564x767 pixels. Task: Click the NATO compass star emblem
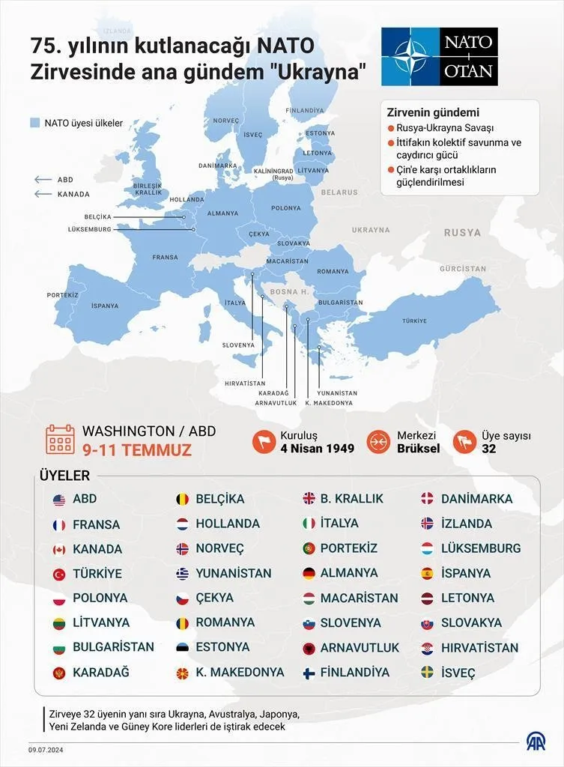(x=409, y=57)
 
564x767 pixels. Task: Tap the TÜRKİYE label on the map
(x=414, y=321)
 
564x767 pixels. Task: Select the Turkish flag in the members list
(x=59, y=574)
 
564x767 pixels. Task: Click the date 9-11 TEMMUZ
(x=137, y=450)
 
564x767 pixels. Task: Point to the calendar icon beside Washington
(x=60, y=440)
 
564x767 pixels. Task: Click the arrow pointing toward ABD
(x=42, y=180)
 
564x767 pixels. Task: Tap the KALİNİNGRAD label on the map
(x=273, y=171)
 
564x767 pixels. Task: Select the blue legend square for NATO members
(x=34, y=123)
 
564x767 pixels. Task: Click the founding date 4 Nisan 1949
(x=317, y=449)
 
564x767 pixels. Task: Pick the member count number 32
(x=489, y=449)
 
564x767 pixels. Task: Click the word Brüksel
(x=418, y=449)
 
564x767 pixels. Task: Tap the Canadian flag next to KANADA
(x=59, y=549)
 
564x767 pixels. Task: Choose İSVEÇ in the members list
(x=458, y=673)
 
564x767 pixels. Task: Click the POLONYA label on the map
(x=285, y=207)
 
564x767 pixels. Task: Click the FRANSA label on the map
(x=165, y=258)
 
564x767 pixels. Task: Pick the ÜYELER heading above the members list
(x=64, y=476)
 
